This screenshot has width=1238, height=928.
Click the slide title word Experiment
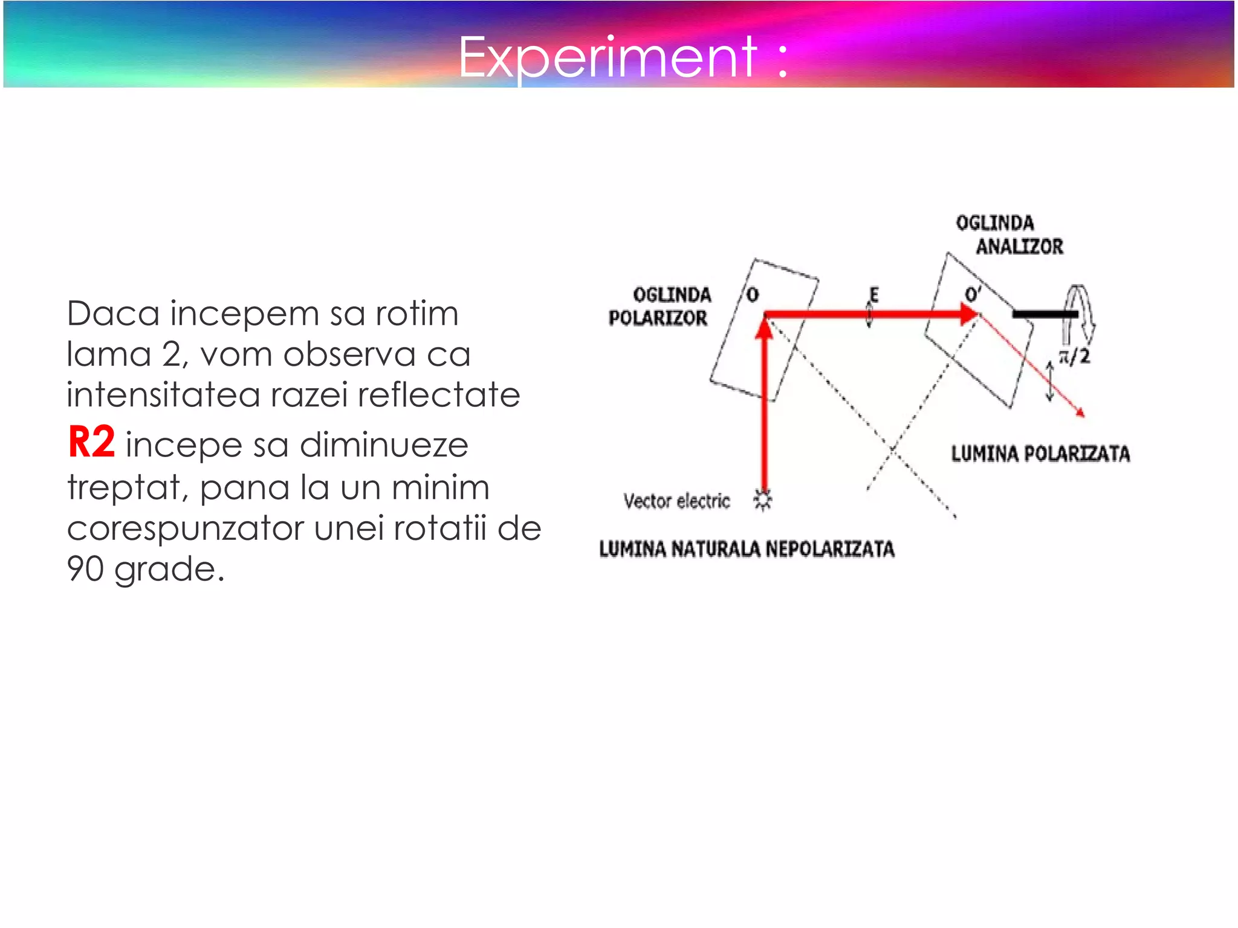point(607,57)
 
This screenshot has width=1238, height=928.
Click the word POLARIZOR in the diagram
point(658,318)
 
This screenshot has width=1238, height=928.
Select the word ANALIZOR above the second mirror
point(1019,247)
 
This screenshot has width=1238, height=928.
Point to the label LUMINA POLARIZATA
point(1040,453)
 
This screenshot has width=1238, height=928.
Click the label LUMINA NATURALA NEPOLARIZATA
point(747,549)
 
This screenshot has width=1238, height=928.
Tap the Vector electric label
point(676,501)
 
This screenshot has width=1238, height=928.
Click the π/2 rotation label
point(1074,356)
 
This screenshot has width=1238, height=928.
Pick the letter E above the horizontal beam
point(873,295)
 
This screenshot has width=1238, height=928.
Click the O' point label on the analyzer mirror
point(973,294)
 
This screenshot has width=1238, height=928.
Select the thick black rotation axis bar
point(1045,314)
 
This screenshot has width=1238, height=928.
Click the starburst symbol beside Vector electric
point(763,500)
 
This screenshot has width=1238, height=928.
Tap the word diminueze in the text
point(384,445)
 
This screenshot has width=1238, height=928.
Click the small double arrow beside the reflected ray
point(1050,381)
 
